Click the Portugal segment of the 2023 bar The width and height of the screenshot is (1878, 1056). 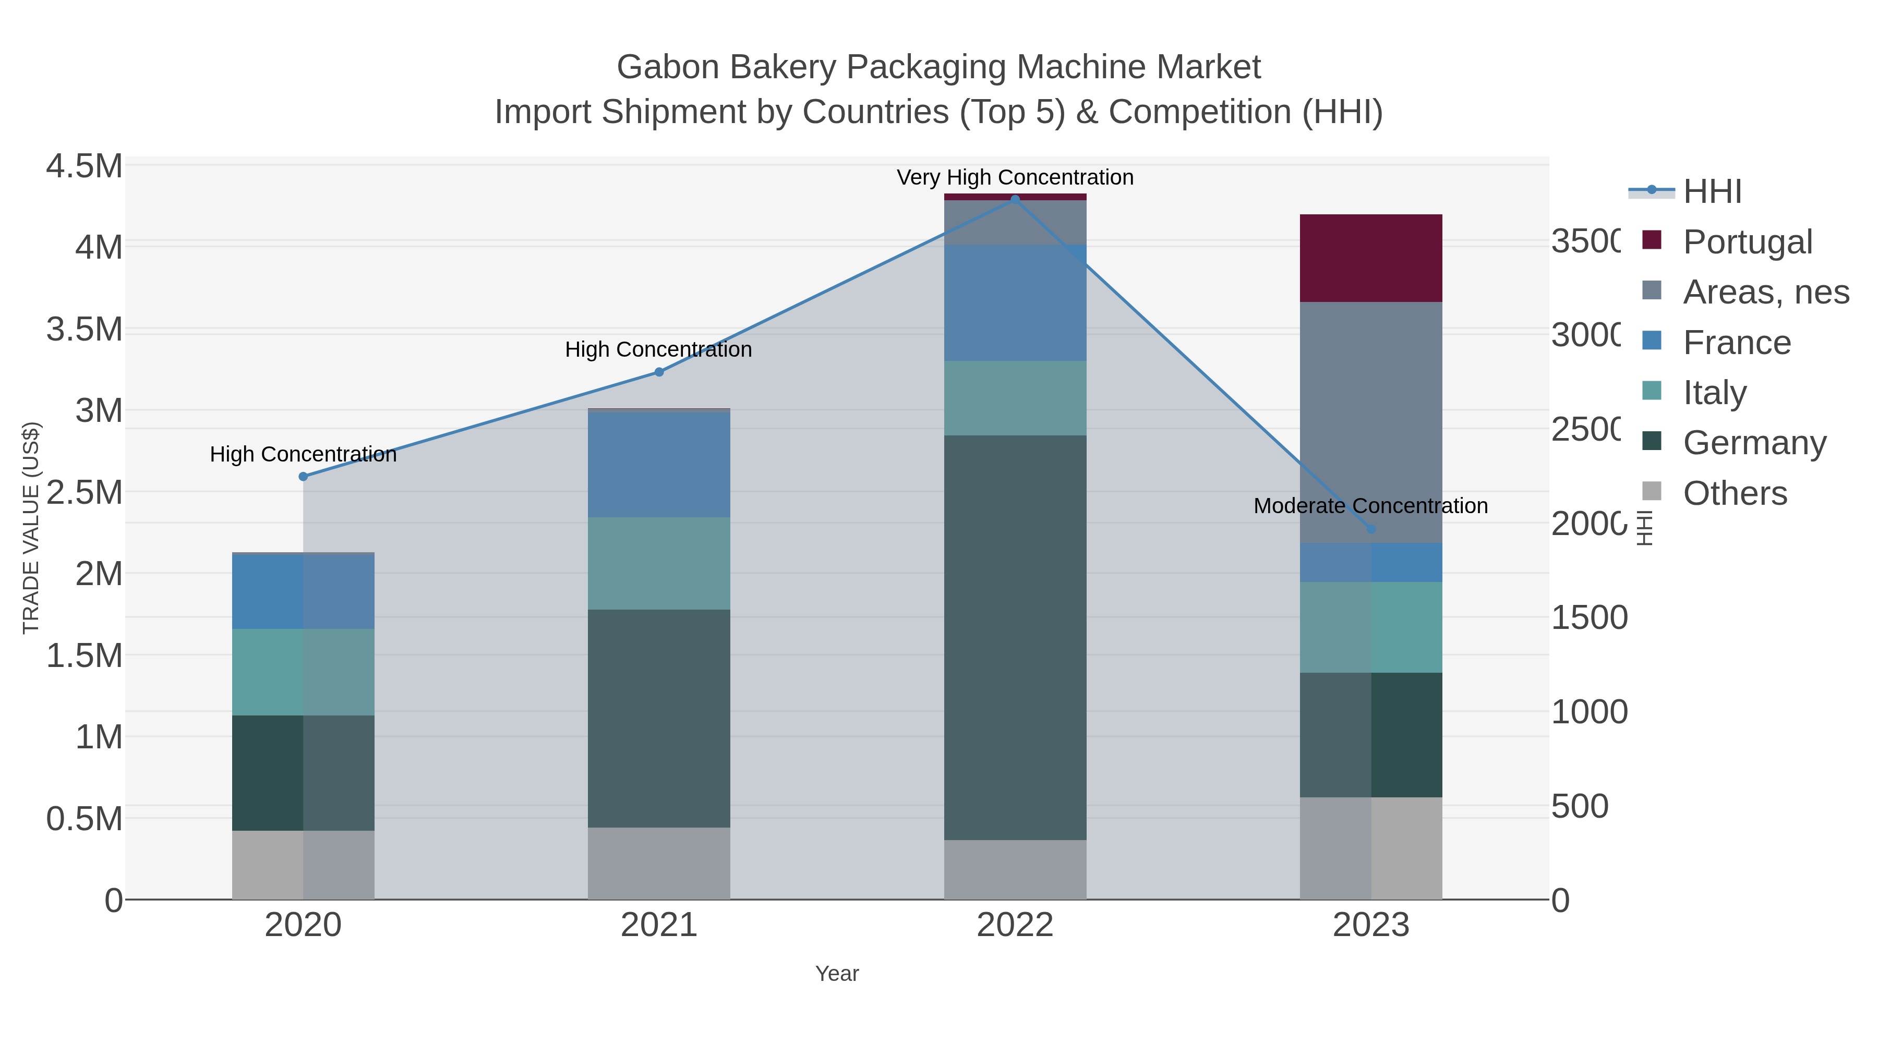click(1370, 258)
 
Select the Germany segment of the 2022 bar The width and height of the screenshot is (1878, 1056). click(1015, 638)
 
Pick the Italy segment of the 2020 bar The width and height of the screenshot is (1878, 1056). click(303, 672)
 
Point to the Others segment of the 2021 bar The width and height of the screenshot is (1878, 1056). click(658, 863)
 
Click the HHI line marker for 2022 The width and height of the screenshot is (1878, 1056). click(1015, 200)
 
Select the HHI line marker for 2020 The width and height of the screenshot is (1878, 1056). click(303, 477)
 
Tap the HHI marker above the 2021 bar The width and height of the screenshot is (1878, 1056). click(659, 372)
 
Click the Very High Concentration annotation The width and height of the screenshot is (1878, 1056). click(1015, 178)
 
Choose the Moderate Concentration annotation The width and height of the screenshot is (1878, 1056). click(1370, 506)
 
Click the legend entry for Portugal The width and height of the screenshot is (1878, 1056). click(1747, 242)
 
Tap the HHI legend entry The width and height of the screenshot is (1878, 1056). click(1712, 192)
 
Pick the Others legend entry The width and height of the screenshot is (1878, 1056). click(1735, 493)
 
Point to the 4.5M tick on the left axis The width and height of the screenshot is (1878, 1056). click(84, 166)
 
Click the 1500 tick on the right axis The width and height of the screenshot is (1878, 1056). click(1588, 618)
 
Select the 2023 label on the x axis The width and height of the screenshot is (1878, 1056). click(1370, 926)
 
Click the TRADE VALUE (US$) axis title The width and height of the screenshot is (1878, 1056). click(31, 528)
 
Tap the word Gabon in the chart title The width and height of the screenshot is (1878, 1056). click(667, 67)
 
